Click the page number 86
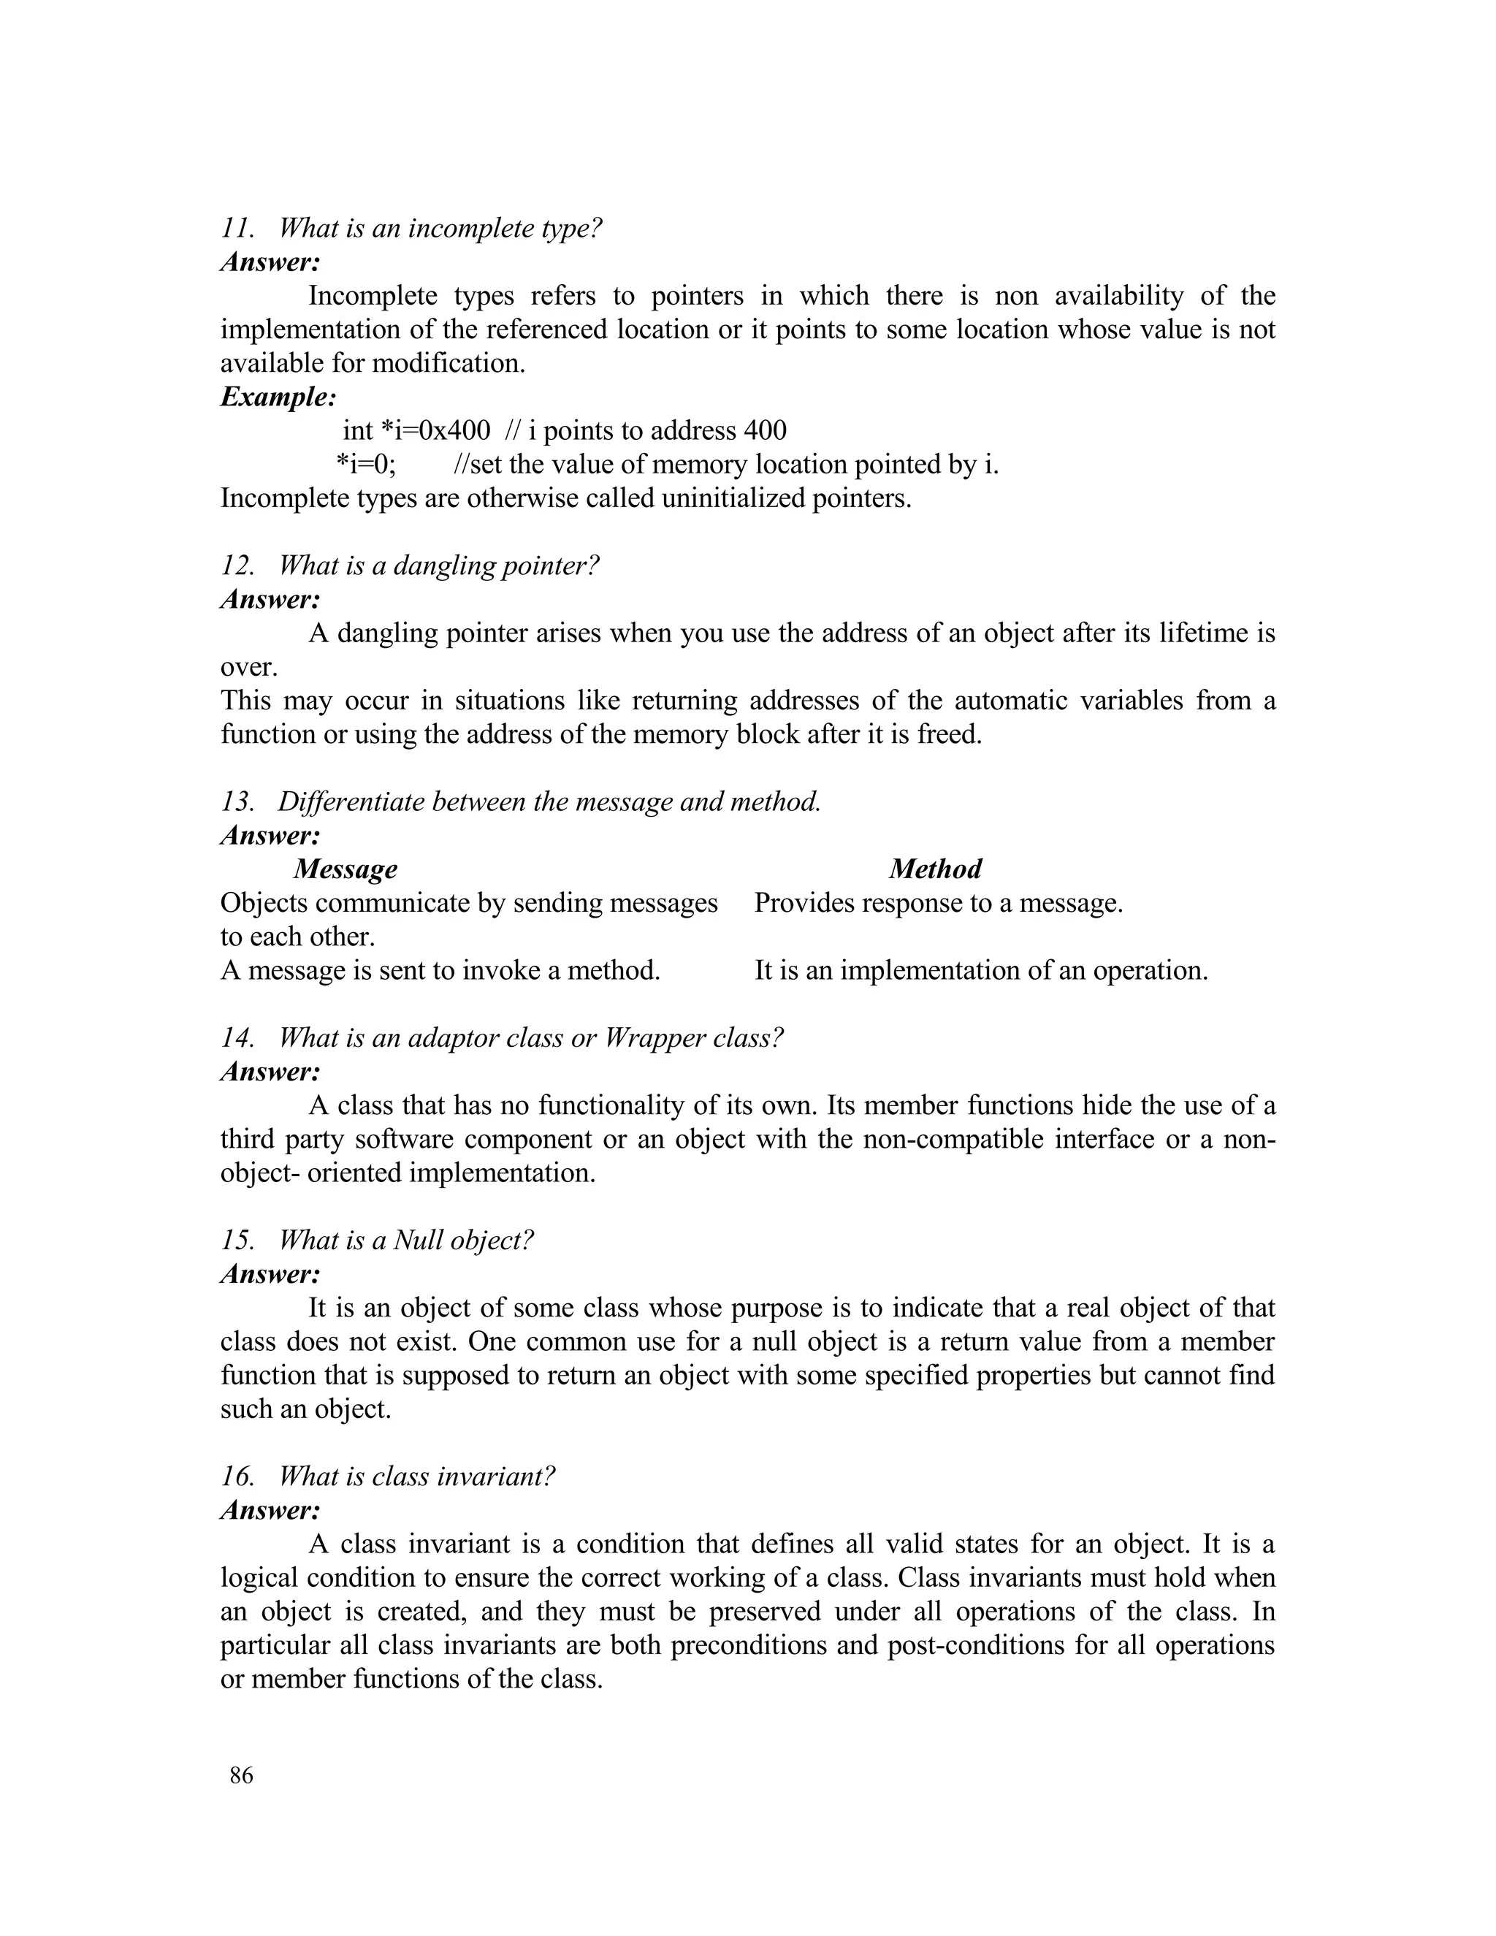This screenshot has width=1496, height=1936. tap(241, 1775)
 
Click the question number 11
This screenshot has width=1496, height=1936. tap(237, 229)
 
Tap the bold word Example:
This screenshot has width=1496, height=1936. tap(278, 397)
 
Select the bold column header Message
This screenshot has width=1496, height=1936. tap(346, 869)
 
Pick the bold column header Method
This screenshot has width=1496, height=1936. tap(935, 869)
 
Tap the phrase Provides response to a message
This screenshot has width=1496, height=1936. tap(939, 903)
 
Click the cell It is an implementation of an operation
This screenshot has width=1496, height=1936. tap(981, 971)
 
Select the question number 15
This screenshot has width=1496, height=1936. tap(237, 1241)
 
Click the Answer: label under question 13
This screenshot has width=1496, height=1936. tap(270, 836)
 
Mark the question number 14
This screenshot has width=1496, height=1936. tap(237, 1038)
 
